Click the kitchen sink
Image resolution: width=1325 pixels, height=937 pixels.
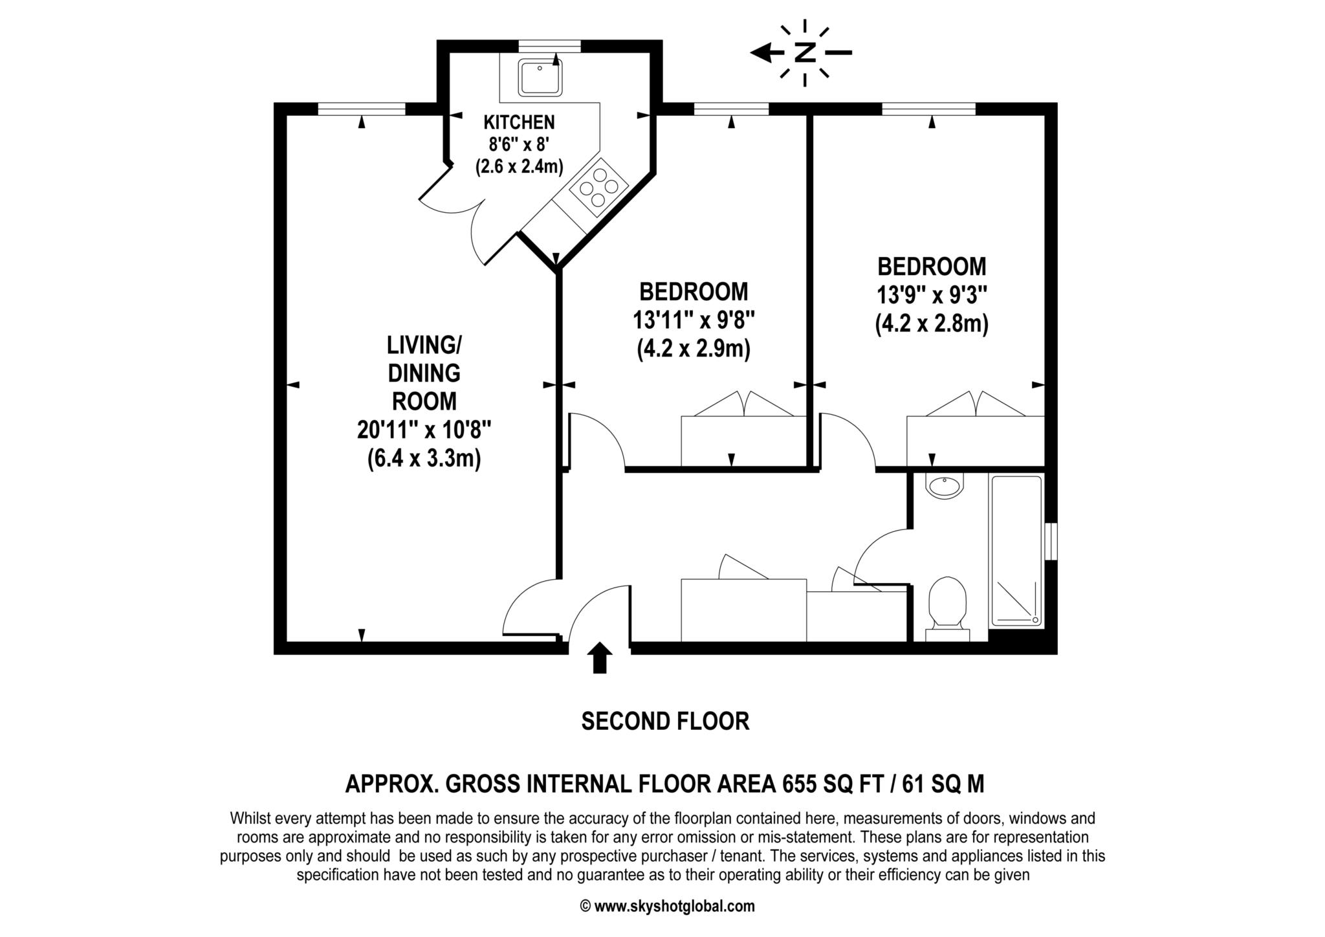540,76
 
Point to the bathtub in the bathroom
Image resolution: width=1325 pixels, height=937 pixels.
1016,551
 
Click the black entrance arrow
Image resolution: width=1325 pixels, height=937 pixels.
600,657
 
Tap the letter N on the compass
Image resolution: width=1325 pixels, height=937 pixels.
804,52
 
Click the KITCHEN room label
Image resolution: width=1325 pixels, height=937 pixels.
519,122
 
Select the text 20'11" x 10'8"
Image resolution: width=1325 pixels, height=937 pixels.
424,430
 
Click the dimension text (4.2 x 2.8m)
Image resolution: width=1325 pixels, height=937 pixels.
932,324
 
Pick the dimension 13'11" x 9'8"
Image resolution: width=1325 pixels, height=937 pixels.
694,320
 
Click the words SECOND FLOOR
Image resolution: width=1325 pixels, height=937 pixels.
665,721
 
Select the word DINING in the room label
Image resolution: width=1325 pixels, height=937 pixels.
424,373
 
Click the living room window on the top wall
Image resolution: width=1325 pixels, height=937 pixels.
361,109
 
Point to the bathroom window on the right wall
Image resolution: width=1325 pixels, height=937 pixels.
1051,542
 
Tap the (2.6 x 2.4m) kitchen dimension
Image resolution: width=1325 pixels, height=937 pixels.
519,166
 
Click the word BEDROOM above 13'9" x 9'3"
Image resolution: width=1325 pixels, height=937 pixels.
932,266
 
